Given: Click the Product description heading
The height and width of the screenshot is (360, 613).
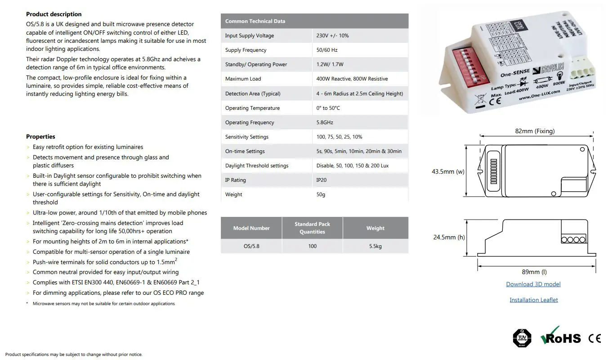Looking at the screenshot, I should click(54, 14).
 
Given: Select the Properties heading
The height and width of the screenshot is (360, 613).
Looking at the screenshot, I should click(40, 137).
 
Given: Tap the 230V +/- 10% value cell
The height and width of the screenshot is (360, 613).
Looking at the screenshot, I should click(332, 36).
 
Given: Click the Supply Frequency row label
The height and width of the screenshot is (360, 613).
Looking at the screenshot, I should click(246, 50).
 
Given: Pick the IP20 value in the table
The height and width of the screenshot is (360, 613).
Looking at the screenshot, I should click(322, 180).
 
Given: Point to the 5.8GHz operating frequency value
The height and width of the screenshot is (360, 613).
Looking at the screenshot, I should click(325, 122).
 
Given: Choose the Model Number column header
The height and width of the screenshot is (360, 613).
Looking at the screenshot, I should click(251, 228).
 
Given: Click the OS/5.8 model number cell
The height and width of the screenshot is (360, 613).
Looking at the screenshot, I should click(251, 246).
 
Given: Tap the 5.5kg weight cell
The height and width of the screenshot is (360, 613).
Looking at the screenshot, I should click(375, 246).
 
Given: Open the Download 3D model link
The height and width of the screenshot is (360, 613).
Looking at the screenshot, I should click(533, 284).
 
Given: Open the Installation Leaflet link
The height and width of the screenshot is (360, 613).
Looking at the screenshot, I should click(533, 300).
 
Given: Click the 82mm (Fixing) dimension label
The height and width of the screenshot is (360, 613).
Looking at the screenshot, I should click(535, 131).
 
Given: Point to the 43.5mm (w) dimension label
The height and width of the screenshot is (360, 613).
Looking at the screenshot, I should click(448, 171).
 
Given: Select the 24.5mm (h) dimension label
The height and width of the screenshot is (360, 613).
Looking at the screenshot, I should click(449, 237).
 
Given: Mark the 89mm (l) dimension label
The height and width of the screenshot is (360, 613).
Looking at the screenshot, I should click(534, 272).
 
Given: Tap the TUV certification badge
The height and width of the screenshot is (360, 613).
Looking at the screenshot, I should click(522, 337).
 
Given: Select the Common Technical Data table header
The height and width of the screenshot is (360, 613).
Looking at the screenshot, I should click(255, 21).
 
